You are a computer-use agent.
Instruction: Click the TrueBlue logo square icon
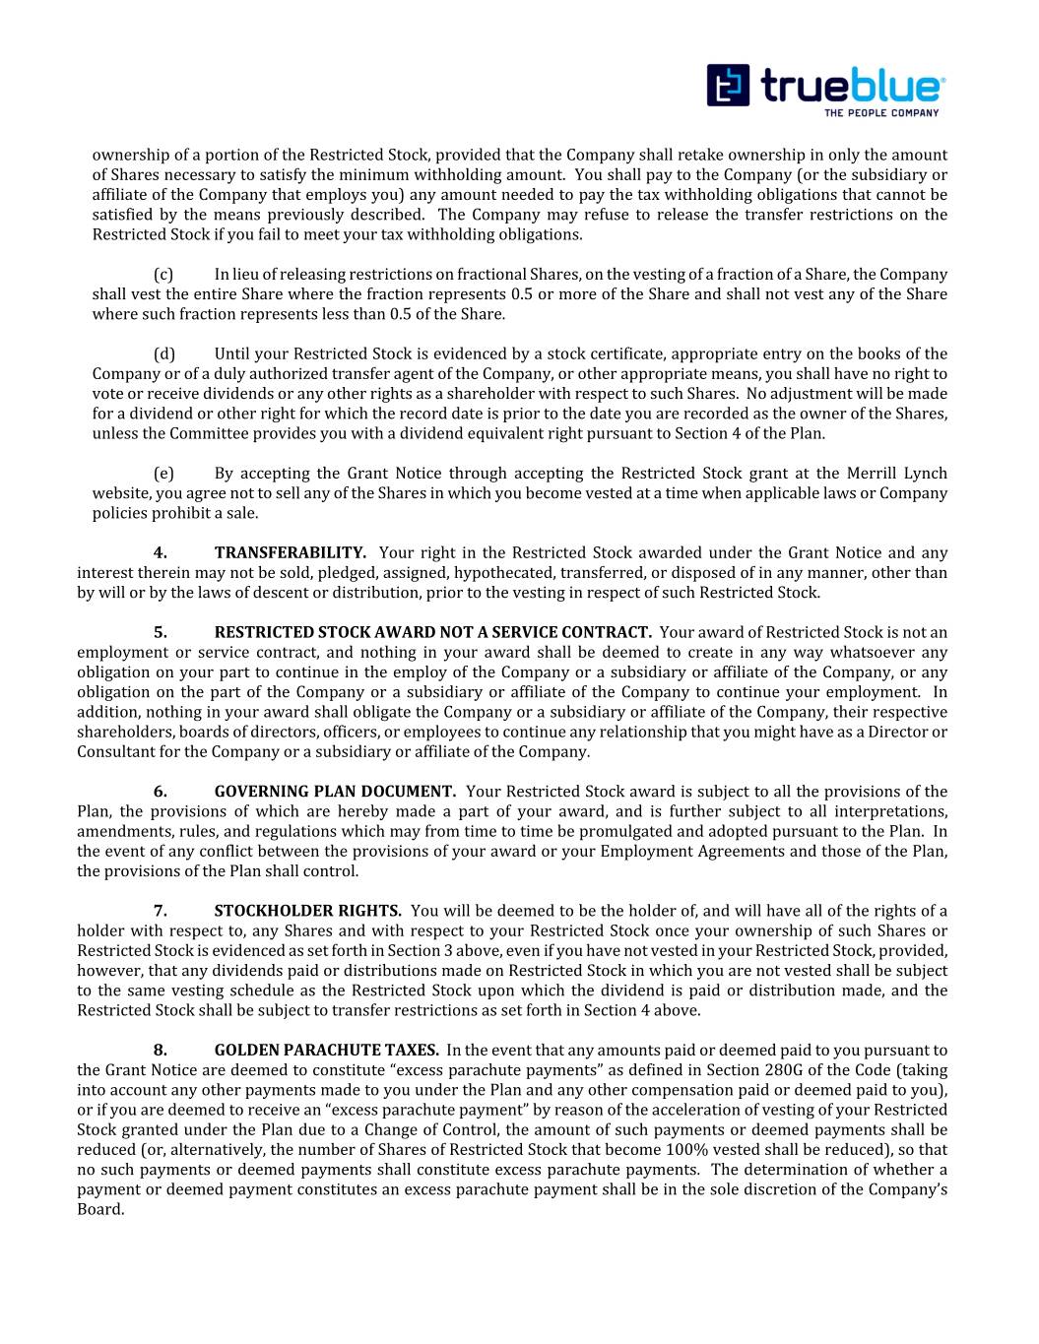(728, 85)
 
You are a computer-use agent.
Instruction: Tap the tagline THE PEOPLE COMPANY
(880, 112)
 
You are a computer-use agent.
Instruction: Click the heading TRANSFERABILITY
(291, 553)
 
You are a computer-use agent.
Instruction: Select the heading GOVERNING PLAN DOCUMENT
(335, 792)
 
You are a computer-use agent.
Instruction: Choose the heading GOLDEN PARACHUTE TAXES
(326, 1051)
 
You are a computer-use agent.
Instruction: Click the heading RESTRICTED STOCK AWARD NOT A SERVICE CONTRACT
(432, 632)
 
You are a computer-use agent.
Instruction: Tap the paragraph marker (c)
(163, 275)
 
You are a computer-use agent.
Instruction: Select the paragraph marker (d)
(164, 354)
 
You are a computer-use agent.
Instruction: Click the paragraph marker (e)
(163, 474)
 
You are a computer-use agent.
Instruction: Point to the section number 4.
(160, 553)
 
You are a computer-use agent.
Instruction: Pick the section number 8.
(160, 1051)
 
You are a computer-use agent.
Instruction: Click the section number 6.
(160, 792)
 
